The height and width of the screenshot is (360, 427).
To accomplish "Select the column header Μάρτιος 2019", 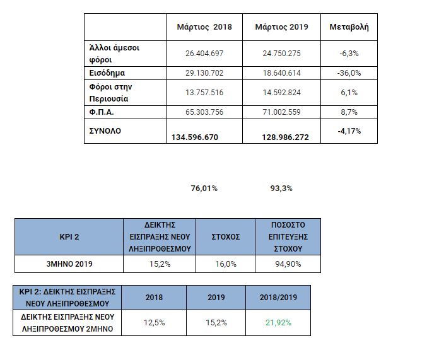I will (281, 27).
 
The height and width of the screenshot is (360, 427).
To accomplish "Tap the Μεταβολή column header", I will (349, 27).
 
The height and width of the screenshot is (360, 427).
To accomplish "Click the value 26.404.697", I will (204, 54).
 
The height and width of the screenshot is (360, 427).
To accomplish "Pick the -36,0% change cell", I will (349, 73).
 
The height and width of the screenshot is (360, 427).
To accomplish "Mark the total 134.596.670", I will (195, 137).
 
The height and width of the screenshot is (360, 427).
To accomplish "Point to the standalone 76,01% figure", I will (204, 188).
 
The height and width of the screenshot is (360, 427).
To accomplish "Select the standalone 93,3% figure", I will (282, 188).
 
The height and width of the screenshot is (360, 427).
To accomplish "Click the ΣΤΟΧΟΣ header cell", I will (225, 236).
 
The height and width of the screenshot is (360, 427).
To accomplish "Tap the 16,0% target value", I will (225, 264).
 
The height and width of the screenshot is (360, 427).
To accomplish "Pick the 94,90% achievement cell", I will (287, 264).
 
